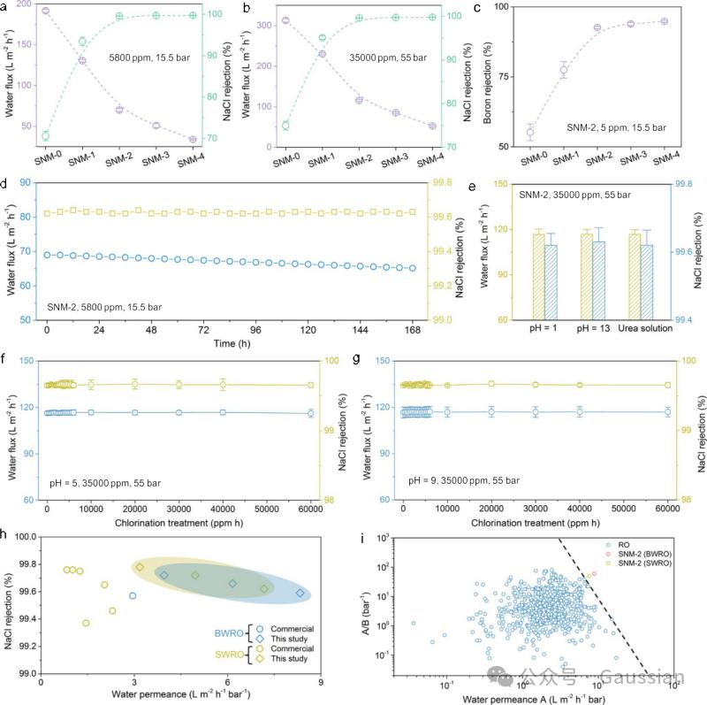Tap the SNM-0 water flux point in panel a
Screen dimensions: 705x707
click(x=45, y=11)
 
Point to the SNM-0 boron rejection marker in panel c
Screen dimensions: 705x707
click(x=530, y=133)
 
